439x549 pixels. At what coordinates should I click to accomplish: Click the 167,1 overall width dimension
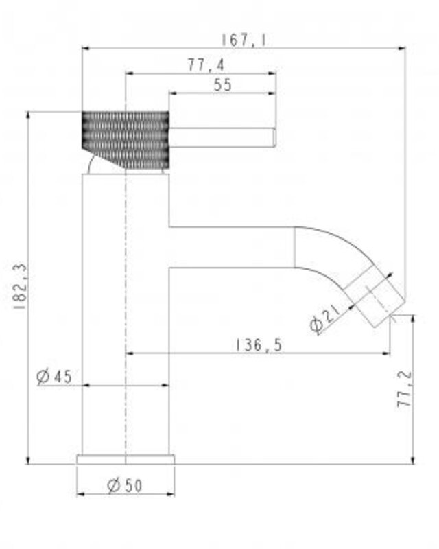(243, 40)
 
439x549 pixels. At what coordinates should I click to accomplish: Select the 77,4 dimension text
(206, 65)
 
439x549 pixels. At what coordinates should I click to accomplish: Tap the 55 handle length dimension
(222, 84)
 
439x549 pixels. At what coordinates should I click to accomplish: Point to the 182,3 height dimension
(20, 287)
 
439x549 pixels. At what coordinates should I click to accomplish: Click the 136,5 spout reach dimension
(259, 345)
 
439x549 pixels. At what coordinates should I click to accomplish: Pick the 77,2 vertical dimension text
(404, 389)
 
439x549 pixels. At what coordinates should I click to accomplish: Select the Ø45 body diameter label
(54, 377)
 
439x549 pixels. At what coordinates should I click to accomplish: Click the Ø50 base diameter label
(125, 486)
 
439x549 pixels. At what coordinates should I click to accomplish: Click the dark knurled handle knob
(126, 140)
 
